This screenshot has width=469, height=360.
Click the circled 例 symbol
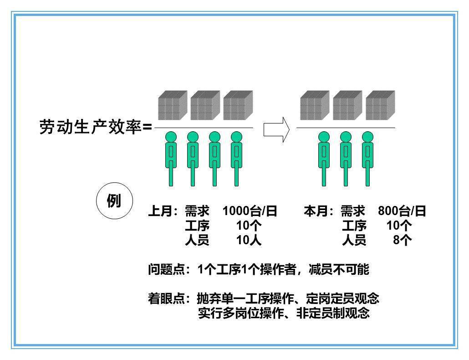coord(114,201)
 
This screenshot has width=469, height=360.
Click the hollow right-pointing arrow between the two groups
coord(276,129)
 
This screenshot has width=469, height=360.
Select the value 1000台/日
coord(250,211)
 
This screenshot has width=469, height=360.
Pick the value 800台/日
coord(402,211)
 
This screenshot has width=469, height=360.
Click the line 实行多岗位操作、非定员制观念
coord(283,314)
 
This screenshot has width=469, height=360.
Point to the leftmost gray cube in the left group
coord(173,106)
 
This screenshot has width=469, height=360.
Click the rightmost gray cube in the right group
coord(380,106)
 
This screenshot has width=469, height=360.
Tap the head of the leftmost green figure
coord(171,137)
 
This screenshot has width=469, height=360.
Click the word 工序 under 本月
coord(354,226)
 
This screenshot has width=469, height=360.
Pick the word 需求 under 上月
coord(197,211)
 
